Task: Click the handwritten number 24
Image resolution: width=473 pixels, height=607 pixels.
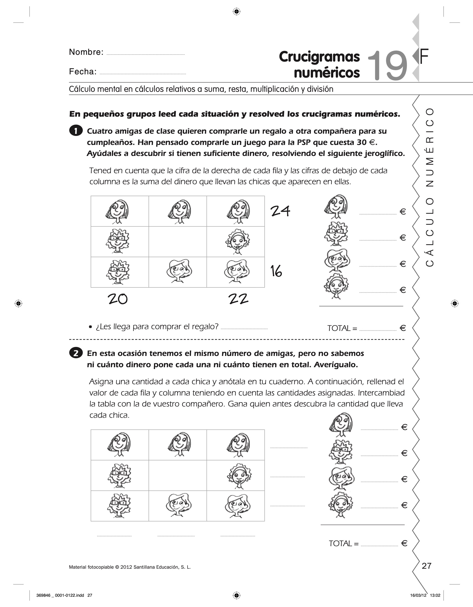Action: [280, 211]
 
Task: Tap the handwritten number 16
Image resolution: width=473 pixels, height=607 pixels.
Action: [276, 271]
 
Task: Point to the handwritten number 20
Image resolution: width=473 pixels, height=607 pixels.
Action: [118, 299]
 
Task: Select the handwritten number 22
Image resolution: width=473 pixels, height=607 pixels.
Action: [238, 299]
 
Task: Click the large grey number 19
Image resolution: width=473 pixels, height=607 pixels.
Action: [387, 66]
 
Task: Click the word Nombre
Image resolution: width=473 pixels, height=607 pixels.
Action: [86, 52]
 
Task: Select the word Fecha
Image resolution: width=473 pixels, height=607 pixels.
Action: [83, 72]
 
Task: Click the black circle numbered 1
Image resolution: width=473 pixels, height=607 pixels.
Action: [76, 131]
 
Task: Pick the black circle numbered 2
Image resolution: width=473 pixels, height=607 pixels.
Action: [76, 353]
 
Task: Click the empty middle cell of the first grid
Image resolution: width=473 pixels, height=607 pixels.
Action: [178, 242]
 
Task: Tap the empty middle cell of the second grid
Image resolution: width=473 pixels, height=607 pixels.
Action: [178, 475]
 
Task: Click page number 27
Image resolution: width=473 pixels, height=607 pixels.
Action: [426, 566]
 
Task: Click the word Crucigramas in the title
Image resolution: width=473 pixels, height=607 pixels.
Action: [319, 57]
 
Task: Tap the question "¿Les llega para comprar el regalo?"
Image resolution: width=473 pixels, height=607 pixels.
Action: [157, 327]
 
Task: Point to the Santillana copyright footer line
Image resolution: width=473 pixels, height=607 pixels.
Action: [130, 567]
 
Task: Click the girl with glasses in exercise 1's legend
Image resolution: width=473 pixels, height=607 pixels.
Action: [336, 234]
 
